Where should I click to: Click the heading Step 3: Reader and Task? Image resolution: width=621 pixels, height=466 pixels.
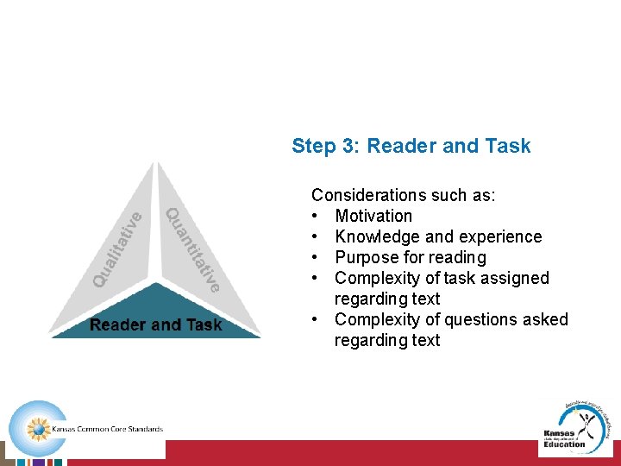(411, 146)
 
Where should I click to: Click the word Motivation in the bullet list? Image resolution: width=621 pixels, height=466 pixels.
(373, 216)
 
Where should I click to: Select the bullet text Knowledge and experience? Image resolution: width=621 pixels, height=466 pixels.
(438, 236)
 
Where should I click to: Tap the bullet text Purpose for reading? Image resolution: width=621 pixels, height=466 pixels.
(410, 257)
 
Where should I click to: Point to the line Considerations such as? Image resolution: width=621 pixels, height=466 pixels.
(403, 195)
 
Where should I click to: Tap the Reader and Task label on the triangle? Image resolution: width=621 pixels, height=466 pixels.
(156, 325)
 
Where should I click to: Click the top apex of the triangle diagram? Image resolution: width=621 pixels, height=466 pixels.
(156, 165)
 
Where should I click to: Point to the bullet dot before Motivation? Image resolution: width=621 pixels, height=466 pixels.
(317, 216)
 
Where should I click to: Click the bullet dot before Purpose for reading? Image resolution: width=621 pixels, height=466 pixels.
(317, 257)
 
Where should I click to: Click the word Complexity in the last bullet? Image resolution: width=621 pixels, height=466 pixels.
(374, 319)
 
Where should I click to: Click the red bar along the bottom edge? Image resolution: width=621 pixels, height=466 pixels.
(388, 453)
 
